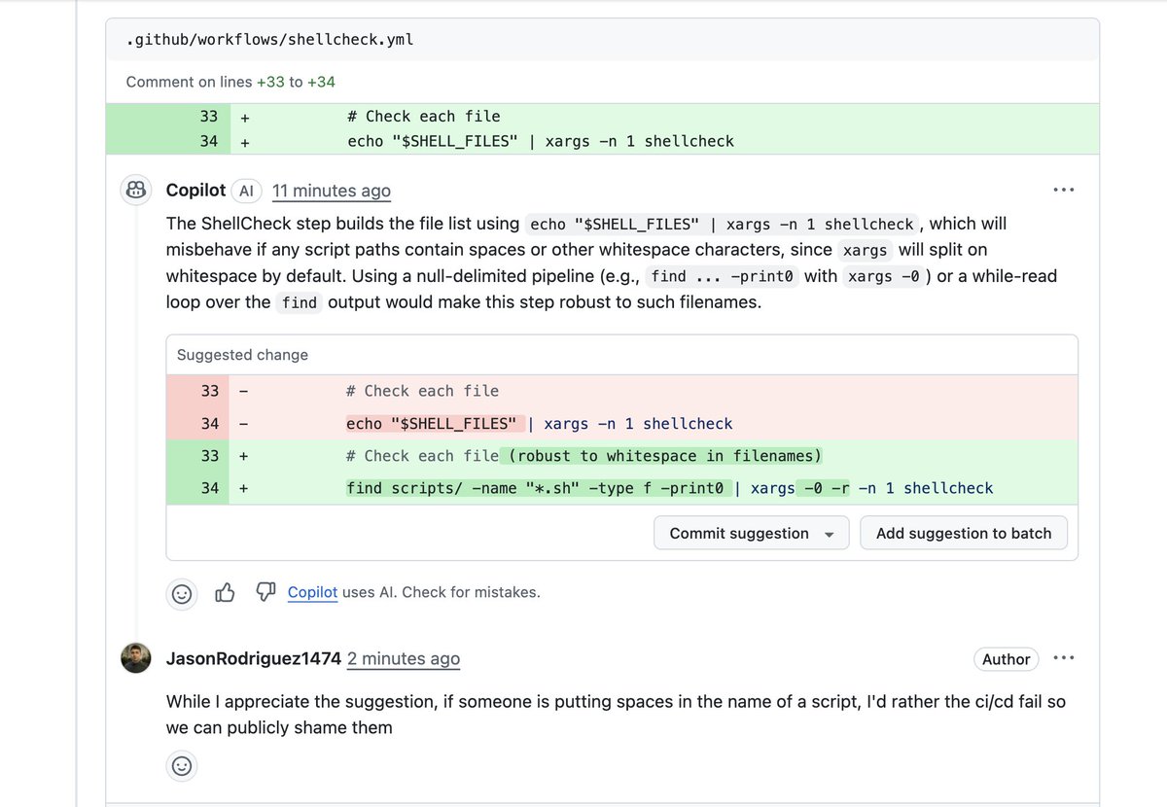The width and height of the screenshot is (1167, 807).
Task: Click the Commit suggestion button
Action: (x=751, y=533)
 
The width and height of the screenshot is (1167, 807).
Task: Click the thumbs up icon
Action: (x=225, y=592)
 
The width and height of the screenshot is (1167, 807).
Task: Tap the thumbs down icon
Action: (x=265, y=591)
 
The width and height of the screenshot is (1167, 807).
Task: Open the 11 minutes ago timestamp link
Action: (x=332, y=191)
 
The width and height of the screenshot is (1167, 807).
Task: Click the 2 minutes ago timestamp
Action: (x=404, y=658)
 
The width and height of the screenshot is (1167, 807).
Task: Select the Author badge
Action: (x=1006, y=659)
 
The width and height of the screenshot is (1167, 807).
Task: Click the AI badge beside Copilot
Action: (x=246, y=191)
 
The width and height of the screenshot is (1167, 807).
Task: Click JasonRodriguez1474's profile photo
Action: (x=136, y=658)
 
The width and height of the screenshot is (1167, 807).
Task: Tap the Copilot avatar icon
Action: (x=136, y=190)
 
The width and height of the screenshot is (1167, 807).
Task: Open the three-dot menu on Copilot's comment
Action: (x=1063, y=190)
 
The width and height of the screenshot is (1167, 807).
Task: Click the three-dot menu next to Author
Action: (x=1063, y=658)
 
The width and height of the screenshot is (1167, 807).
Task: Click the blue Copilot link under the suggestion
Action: (x=312, y=592)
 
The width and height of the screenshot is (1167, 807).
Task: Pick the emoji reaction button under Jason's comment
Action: (x=181, y=766)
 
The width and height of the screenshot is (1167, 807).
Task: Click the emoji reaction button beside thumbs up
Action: (x=181, y=594)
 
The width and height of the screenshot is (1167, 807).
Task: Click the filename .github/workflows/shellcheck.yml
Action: (x=269, y=40)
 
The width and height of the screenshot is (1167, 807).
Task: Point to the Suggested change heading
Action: (x=242, y=355)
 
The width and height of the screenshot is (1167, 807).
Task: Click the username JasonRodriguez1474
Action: (x=254, y=658)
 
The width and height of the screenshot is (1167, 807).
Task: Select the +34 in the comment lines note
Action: (x=321, y=82)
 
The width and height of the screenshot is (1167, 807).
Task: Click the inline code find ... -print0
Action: (x=722, y=276)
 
